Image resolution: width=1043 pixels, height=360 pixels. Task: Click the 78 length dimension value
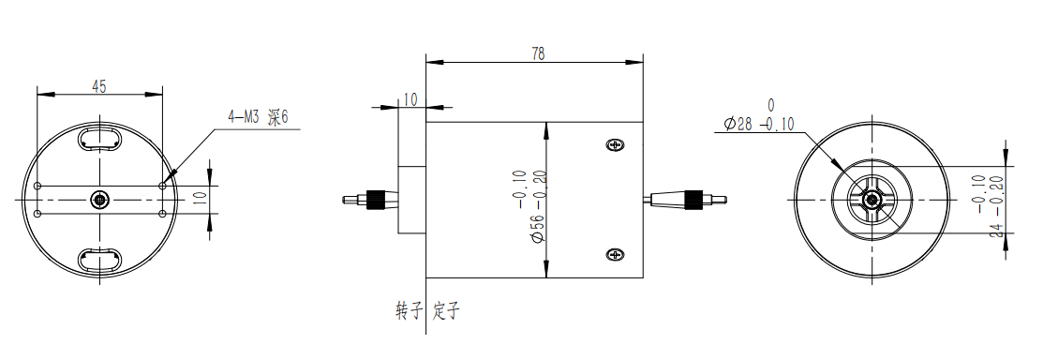click(x=539, y=54)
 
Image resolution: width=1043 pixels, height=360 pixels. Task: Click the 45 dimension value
click(x=99, y=86)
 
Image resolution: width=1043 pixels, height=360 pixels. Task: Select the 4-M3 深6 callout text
click(x=258, y=118)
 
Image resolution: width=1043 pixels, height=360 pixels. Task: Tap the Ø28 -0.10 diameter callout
click(x=757, y=124)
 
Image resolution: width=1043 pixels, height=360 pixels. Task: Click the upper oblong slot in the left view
click(x=99, y=139)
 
